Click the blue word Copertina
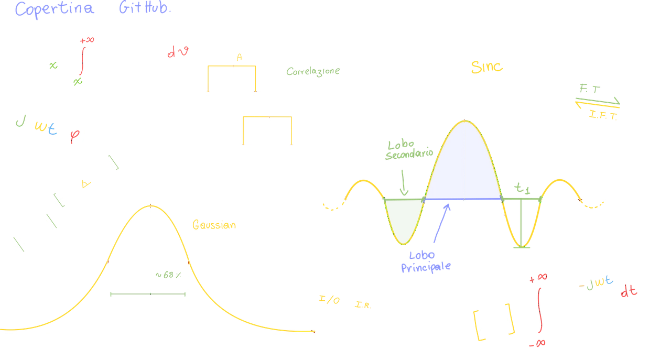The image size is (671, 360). click(55, 9)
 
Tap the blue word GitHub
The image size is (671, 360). click(144, 9)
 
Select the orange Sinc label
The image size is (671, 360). click(486, 68)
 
